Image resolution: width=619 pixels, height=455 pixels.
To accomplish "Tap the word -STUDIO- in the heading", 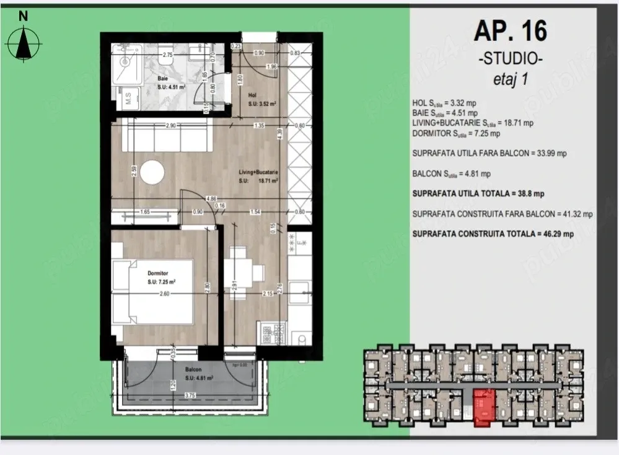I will click(x=511, y=60).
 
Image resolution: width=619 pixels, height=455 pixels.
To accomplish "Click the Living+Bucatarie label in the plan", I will click(x=259, y=172).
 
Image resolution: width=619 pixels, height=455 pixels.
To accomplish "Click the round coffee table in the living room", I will click(x=152, y=172).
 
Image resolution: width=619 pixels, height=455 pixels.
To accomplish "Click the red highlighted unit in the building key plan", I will click(x=485, y=407).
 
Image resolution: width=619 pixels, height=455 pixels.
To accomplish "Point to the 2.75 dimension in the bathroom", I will click(x=166, y=55).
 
